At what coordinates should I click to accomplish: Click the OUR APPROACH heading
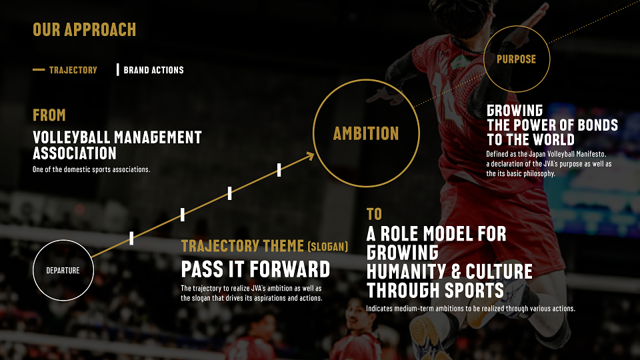[x=85, y=29]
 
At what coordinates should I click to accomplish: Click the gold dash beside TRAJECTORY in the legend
[x=39, y=70]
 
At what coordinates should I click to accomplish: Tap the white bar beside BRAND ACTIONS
[x=117, y=70]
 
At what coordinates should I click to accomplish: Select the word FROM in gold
[x=49, y=115]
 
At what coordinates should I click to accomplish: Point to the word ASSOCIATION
[x=75, y=153]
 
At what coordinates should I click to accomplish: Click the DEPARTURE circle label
[x=63, y=270]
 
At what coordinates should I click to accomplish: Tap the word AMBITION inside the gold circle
[x=366, y=133]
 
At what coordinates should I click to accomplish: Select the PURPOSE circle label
[x=516, y=59]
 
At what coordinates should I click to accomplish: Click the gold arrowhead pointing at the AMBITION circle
[x=310, y=156]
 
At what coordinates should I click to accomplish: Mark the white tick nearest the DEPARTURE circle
[x=131, y=239]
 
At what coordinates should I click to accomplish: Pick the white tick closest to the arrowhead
[x=279, y=170]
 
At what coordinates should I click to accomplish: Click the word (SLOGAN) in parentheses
[x=328, y=247]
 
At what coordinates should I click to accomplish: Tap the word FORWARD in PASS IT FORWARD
[x=290, y=269]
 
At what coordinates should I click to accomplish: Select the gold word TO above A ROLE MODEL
[x=374, y=214]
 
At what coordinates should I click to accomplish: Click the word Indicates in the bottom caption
[x=380, y=309]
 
